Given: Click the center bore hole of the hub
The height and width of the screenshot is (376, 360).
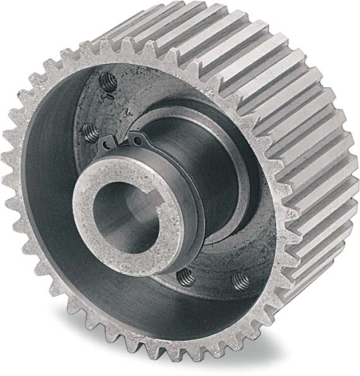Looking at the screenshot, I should pos(128,214).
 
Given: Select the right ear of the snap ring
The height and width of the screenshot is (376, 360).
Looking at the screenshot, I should pos(140,138).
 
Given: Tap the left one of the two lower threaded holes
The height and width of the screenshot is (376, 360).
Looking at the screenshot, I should pos(186,277).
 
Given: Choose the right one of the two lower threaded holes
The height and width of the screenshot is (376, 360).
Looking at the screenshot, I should pos(241,280).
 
